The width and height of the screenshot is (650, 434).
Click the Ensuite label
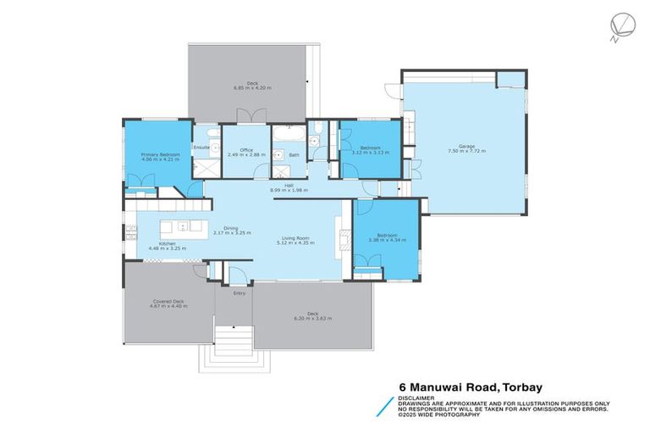click(201, 147)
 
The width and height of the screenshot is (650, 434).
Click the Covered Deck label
click(164, 301)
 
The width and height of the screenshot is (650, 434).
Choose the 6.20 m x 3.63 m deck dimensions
click(312, 319)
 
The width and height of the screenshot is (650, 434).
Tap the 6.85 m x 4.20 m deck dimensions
click(250, 88)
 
